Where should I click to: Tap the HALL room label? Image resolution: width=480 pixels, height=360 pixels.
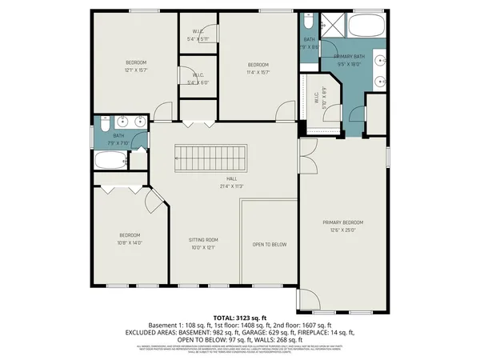click(232, 178)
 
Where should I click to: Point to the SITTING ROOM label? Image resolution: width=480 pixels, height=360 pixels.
click(203, 240)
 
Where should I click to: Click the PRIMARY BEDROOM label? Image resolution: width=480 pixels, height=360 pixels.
click(343, 222)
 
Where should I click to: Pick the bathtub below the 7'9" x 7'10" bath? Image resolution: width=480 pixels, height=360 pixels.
click(111, 159)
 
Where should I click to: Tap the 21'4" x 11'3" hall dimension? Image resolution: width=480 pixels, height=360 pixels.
click(232, 186)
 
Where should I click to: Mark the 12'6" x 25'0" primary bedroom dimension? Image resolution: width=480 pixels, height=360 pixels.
click(343, 229)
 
